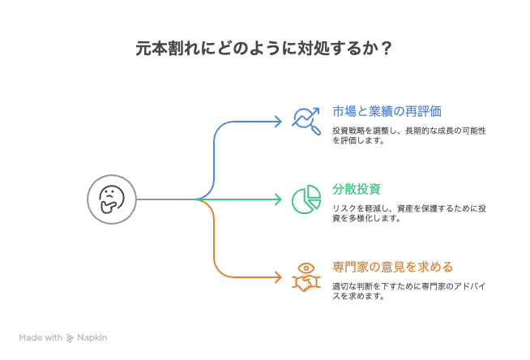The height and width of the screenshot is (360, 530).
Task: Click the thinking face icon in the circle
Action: pyautogui.click(x=111, y=199)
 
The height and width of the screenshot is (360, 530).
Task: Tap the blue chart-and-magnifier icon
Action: pyautogui.click(x=306, y=120)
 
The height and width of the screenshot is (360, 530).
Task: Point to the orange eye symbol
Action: pyautogui.click(x=306, y=267)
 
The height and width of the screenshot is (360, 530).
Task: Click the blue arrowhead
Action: pyautogui.click(x=278, y=121)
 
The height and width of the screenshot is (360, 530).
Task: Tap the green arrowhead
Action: pyautogui.click(x=278, y=199)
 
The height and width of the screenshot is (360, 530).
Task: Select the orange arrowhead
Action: pyautogui.click(x=278, y=277)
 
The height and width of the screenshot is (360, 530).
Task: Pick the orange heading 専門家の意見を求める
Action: pyautogui.click(x=392, y=267)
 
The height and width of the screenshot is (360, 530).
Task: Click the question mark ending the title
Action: pyautogui.click(x=387, y=49)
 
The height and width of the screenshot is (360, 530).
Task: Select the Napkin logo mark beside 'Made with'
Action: pyautogui.click(x=71, y=337)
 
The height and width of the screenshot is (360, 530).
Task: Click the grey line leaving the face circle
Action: pyautogui.click(x=166, y=199)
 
